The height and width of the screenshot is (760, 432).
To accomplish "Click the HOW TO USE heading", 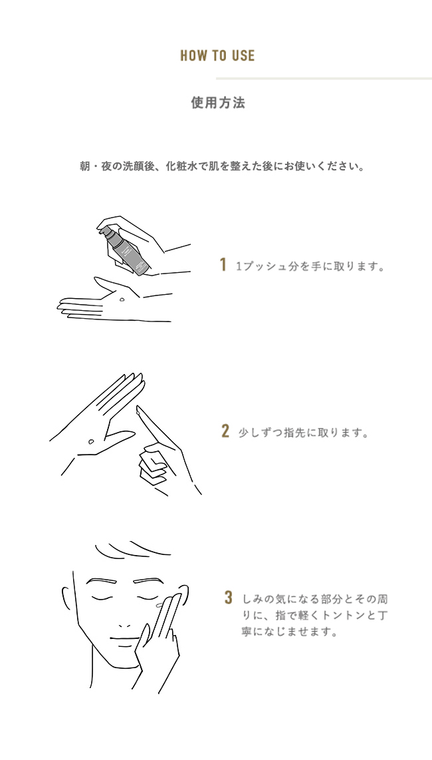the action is [217, 55].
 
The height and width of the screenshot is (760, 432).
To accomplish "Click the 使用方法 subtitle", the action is [218, 102].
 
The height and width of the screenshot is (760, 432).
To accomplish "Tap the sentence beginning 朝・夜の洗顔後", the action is [222, 167].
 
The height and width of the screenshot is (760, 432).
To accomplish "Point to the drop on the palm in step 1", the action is [120, 299].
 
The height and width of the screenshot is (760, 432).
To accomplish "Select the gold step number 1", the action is [223, 265].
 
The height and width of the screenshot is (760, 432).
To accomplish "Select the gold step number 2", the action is [225, 431].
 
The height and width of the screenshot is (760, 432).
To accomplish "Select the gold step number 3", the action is [229, 597].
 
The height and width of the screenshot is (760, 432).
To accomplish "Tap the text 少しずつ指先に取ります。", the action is [303, 433].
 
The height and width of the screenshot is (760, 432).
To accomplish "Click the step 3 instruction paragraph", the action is [314, 616].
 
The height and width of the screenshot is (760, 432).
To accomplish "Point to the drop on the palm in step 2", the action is [91, 441].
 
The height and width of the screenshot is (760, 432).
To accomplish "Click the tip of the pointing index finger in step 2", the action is [138, 410].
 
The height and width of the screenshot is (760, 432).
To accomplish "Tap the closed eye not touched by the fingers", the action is [102, 597].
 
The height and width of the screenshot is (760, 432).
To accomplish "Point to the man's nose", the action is [124, 626].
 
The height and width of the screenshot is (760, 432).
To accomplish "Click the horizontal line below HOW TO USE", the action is [324, 79].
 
